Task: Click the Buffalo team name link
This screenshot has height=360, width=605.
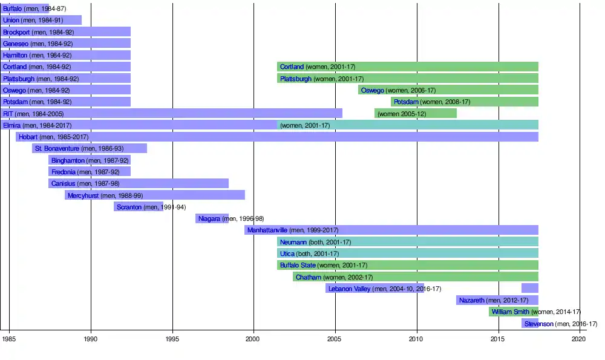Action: click(12, 8)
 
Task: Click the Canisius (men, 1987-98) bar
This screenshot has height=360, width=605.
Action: click(139, 183)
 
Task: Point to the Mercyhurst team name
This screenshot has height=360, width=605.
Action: click(83, 195)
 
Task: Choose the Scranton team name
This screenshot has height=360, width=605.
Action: click(129, 207)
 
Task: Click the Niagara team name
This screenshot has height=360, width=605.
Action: click(209, 218)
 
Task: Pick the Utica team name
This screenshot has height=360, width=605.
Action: click(287, 254)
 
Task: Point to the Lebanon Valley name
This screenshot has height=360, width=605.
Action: click(349, 289)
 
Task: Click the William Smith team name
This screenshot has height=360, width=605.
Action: click(510, 312)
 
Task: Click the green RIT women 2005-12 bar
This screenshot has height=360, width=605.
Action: click(416, 113)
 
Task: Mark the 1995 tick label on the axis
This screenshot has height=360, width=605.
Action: click(172, 340)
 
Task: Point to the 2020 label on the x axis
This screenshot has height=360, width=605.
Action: click(579, 340)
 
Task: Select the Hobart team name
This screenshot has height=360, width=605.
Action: click(28, 137)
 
